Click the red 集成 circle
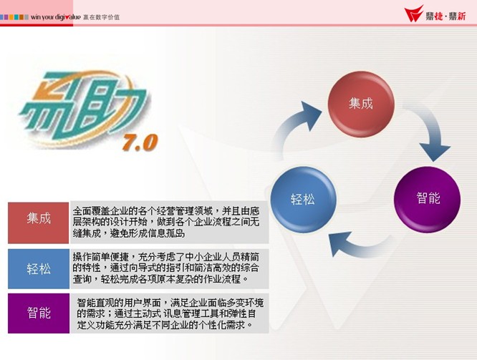coord(361,104)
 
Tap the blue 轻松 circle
coord(303,200)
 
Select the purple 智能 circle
coord(428,200)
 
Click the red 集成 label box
coord(39,223)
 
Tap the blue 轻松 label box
coord(39,269)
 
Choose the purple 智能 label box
coord(39,313)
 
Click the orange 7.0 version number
coord(140,142)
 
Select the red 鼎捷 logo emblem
coord(414,14)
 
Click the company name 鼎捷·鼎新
coord(445,16)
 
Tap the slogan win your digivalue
coord(56,17)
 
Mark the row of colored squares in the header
coord(14,17)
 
